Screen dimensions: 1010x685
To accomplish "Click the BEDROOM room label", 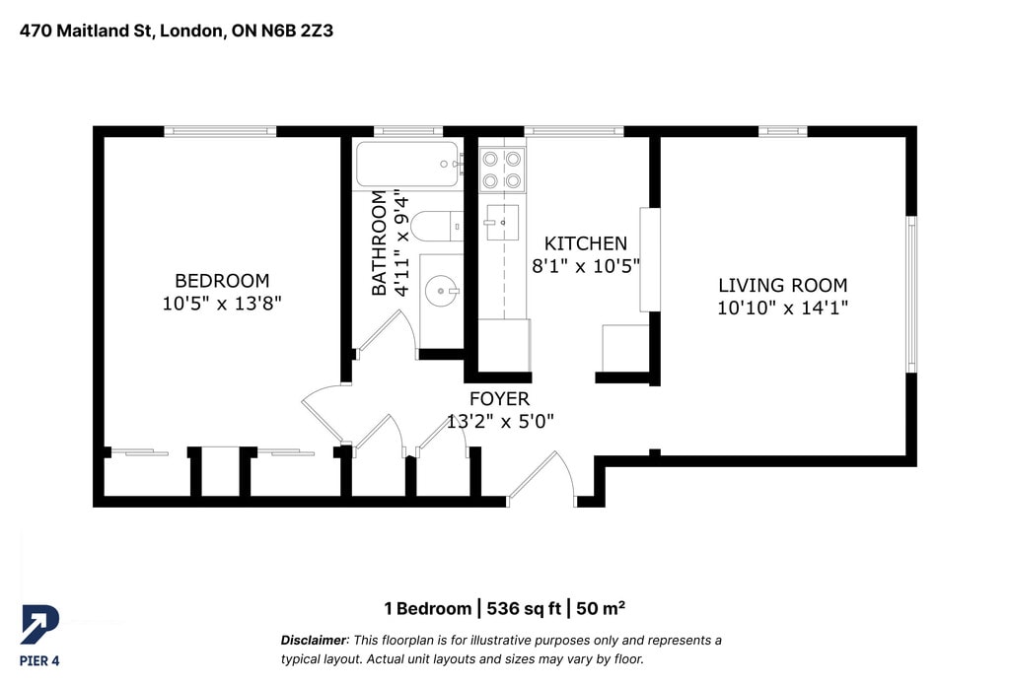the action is tap(222, 281).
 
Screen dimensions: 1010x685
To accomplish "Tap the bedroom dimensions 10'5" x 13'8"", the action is tap(222, 303).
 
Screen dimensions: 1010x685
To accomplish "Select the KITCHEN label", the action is tap(586, 243).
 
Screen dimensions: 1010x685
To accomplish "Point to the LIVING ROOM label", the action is tap(782, 285).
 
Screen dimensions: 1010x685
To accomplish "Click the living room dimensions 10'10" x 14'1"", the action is tap(782, 308).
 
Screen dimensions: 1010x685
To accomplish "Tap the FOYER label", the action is tap(499, 399).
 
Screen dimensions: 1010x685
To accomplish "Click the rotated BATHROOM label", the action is tap(380, 242).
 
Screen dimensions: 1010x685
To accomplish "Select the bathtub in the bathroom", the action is tap(407, 165).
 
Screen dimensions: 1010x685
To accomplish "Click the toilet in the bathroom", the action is tap(437, 226).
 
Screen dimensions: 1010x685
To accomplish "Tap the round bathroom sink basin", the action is tap(441, 291).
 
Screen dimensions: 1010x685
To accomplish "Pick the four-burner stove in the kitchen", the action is tap(502, 170).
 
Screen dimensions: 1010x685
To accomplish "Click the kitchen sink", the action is tap(502, 222).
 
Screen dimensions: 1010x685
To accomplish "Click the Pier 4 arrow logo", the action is tap(39, 624).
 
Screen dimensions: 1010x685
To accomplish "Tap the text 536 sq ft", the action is tap(524, 608).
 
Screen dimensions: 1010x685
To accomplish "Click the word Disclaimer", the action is tap(314, 640).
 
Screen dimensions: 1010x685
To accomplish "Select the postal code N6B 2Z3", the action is tap(297, 31).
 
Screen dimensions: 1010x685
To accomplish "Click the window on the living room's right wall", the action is tap(910, 295).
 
